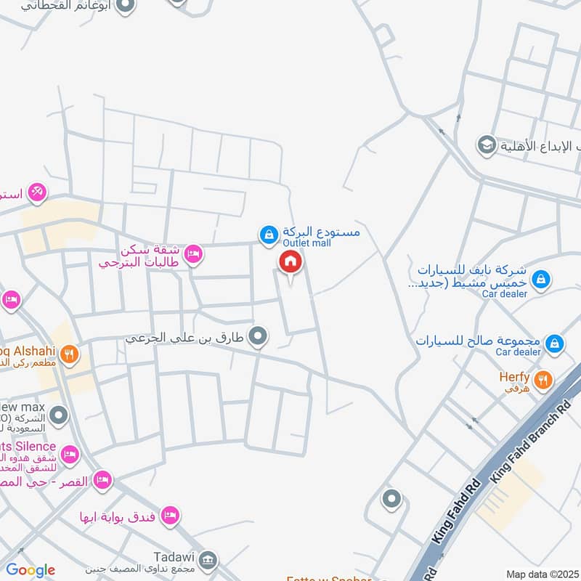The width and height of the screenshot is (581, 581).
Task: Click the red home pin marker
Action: click(x=289, y=262)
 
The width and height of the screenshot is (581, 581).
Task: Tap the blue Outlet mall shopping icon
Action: click(x=269, y=234)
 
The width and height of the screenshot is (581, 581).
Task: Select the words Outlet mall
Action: click(x=306, y=243)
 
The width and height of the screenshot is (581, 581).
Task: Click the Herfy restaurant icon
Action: click(x=542, y=379)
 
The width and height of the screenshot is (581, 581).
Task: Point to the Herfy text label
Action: click(x=514, y=377)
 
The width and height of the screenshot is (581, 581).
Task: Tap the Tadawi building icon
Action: click(x=208, y=559)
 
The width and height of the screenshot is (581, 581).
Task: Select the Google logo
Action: click(x=31, y=570)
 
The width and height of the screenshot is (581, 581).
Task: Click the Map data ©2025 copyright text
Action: click(x=541, y=574)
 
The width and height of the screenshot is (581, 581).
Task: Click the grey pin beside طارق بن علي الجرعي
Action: click(x=257, y=336)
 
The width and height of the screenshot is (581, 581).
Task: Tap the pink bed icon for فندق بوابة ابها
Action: click(x=170, y=515)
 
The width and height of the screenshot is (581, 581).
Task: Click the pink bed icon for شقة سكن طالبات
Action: click(x=193, y=253)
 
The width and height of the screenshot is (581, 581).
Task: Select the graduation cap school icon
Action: click(x=485, y=145)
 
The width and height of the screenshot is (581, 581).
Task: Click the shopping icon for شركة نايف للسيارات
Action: click(x=540, y=278)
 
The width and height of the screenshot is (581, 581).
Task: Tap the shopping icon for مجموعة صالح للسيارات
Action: click(x=554, y=342)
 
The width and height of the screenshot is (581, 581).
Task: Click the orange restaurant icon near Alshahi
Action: click(x=69, y=354)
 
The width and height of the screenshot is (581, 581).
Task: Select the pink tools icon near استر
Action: click(x=38, y=192)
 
